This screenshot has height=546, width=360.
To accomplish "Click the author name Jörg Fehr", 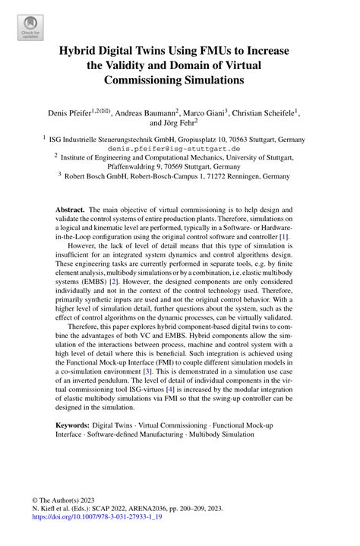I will tap(175, 122).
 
